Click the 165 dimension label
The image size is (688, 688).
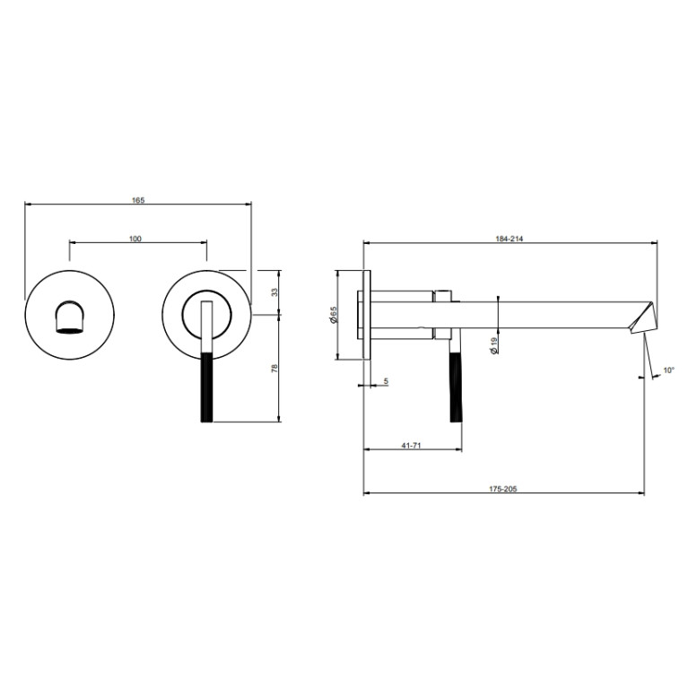click(x=138, y=200)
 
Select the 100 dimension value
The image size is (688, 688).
click(x=135, y=239)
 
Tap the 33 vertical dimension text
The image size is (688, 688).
click(x=274, y=292)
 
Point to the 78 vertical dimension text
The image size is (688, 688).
click(x=274, y=368)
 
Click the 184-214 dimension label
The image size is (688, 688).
click(x=509, y=239)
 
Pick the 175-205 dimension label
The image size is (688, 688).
click(x=503, y=489)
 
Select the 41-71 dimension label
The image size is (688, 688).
click(x=411, y=445)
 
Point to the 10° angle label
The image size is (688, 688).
click(x=668, y=370)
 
